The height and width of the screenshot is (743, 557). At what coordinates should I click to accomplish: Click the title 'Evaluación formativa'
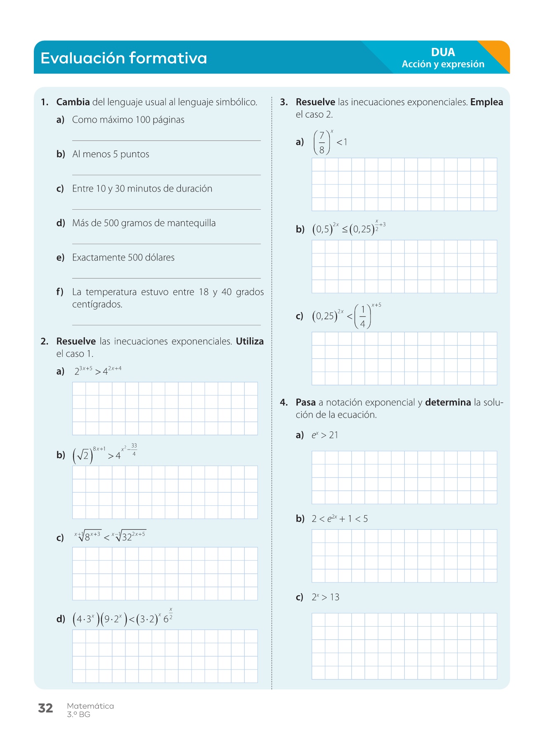point(124,58)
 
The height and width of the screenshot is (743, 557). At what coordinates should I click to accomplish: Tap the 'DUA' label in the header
point(443,52)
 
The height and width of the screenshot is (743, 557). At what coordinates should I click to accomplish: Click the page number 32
point(45,708)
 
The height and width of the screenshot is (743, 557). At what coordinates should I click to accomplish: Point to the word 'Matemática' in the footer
point(90,706)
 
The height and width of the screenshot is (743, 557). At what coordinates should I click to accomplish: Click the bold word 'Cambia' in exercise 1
point(73,102)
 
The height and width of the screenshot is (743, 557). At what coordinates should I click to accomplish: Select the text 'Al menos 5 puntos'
point(111,154)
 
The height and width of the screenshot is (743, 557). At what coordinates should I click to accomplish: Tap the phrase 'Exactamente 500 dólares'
point(123,258)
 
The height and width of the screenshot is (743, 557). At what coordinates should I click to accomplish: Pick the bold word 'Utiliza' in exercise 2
point(250,341)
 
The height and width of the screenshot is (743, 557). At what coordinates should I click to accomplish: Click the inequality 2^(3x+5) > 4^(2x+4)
point(98,371)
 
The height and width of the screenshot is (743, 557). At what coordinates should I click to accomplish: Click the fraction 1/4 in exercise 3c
point(363,317)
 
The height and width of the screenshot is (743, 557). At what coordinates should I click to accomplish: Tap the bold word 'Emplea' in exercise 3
point(486,102)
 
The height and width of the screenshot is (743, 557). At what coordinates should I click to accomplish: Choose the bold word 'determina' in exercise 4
point(448,402)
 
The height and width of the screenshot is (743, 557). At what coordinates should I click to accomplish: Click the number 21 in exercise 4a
point(333,435)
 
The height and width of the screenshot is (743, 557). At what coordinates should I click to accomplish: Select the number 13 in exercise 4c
point(335,597)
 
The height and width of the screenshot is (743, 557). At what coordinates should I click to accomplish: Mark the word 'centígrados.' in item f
point(97,305)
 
